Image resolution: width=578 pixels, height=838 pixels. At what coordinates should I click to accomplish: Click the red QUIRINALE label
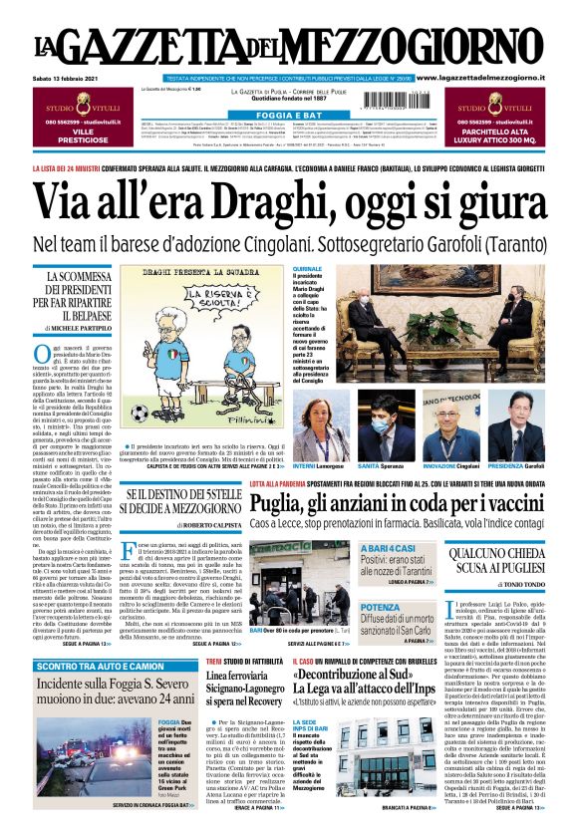[308, 269]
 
